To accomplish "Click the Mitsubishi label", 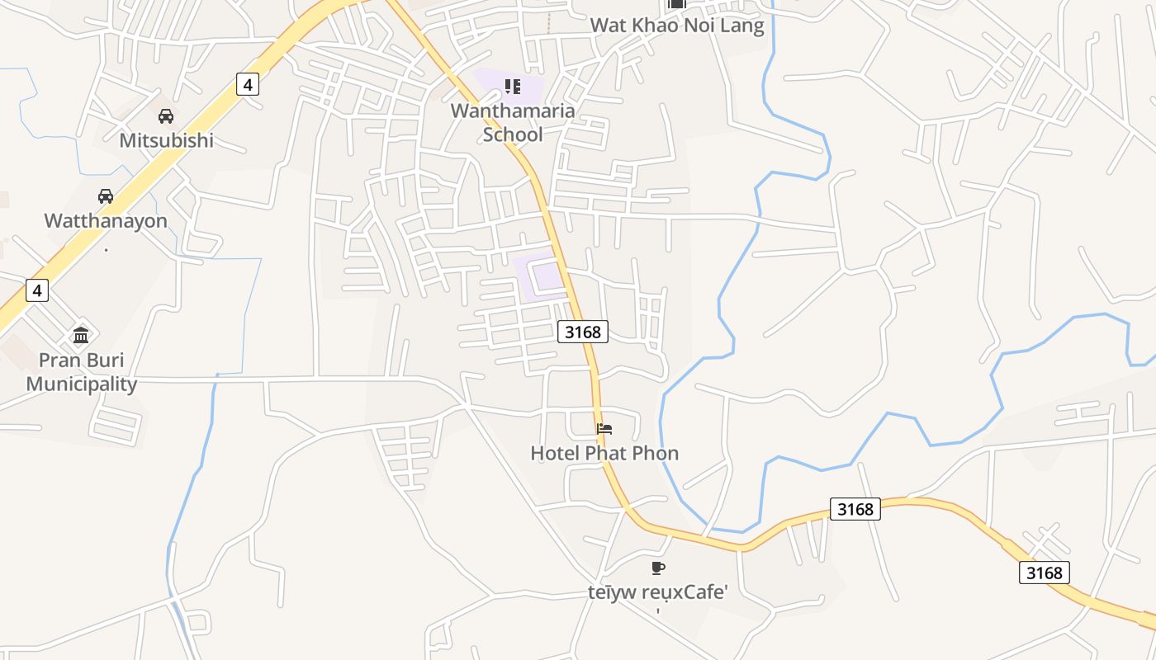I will (166, 140).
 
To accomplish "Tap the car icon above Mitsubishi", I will (166, 116).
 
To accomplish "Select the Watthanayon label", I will (106, 221).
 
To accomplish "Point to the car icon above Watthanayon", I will (106, 196).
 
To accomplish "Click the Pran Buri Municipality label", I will (81, 372).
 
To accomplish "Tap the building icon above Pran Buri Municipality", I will (81, 335).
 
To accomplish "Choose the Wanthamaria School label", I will (513, 122).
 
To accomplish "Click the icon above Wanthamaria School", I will (513, 87).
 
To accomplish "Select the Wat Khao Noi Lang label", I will (677, 26).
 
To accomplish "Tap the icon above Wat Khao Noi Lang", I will (677, 4).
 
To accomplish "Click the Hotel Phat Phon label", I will (604, 453).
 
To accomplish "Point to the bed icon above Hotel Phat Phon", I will (604, 429).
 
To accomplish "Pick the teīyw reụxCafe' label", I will (657, 592).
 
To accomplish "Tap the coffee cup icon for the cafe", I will (657, 568).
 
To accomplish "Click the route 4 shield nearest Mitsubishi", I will (247, 83).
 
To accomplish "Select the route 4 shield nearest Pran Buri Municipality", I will (37, 290).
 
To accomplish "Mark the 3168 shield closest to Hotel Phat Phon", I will (583, 332).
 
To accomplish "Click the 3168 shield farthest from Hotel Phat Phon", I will (1045, 573).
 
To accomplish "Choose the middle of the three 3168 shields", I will (855, 509).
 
